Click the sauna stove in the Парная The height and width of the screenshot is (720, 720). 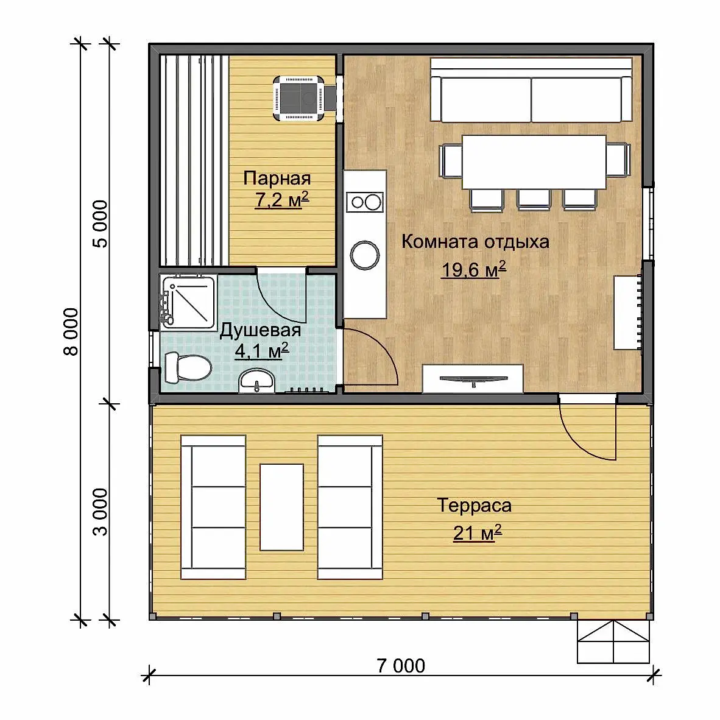[x=299, y=98]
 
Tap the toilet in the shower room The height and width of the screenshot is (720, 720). [x=188, y=367]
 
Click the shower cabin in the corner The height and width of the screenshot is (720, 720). [x=188, y=302]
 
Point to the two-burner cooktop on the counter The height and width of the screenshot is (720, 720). [x=365, y=202]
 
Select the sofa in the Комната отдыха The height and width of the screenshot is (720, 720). [x=531, y=90]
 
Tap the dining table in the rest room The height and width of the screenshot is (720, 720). [x=534, y=161]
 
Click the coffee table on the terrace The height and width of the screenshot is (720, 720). [x=281, y=507]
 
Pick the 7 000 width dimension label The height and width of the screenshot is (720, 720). [x=401, y=666]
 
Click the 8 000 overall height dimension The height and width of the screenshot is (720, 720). [x=71, y=331]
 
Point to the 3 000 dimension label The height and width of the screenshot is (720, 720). [x=100, y=512]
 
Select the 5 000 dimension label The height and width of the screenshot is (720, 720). [x=100, y=224]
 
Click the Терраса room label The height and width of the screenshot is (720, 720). [x=475, y=505]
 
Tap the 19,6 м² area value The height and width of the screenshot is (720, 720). [x=473, y=269]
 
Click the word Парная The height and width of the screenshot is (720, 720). [x=277, y=178]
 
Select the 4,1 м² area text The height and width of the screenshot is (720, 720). [x=262, y=351]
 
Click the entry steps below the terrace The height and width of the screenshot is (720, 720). [x=613, y=642]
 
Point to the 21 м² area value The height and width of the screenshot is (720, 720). [x=477, y=533]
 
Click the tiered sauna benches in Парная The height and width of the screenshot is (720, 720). [x=194, y=160]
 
